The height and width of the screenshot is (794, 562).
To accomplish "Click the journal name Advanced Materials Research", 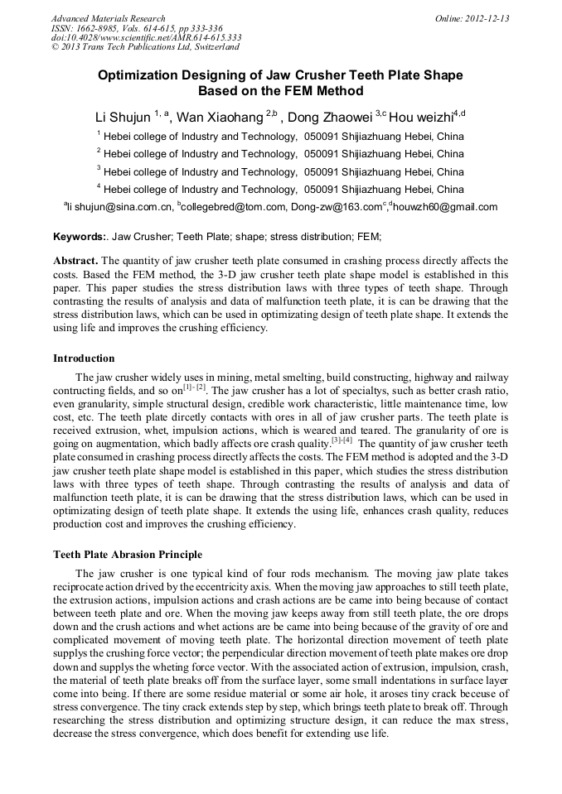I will point(108,18).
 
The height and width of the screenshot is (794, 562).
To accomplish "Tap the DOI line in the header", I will point(146,37).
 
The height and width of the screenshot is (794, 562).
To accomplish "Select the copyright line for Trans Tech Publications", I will point(145,47).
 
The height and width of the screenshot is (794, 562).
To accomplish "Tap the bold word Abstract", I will point(75,260).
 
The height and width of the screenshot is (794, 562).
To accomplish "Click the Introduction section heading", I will point(84,359).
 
